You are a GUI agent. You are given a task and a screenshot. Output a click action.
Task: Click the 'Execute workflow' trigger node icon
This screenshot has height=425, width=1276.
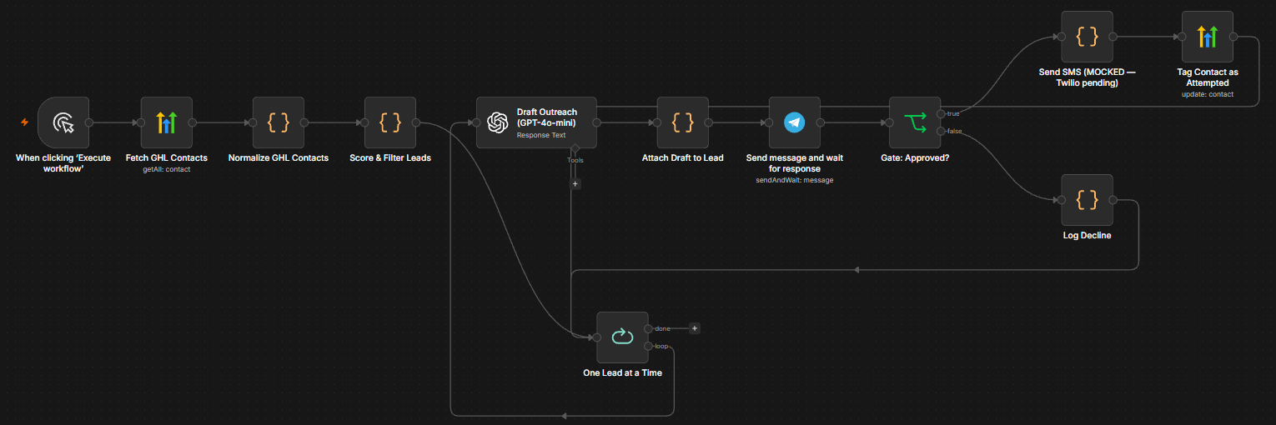63,122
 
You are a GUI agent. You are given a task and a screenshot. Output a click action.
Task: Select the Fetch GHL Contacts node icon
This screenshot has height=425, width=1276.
166,122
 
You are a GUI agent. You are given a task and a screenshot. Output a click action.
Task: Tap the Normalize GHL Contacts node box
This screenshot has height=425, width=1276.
279,122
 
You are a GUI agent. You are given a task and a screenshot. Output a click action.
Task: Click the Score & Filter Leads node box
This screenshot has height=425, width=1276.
390,122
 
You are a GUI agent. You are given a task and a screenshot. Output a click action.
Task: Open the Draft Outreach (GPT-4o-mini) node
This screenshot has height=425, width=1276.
536,122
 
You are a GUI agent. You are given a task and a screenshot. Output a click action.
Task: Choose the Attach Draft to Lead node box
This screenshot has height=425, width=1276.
682,122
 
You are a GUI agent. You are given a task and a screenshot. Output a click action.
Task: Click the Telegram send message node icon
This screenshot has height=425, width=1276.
795,122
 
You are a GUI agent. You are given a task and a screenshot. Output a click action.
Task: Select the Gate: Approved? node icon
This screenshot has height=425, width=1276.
915,122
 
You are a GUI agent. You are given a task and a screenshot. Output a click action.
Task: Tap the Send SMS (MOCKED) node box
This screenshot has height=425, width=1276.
1087,37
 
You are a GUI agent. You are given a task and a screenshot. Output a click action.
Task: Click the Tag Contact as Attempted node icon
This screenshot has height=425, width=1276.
1208,37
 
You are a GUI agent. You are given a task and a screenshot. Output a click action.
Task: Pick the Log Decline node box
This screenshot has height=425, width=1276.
1087,200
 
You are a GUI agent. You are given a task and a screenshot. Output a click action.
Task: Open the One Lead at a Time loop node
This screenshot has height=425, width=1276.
623,337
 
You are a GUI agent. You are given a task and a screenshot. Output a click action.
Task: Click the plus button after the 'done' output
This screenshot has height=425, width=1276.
695,328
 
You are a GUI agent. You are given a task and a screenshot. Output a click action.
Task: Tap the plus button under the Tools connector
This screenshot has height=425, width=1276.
575,184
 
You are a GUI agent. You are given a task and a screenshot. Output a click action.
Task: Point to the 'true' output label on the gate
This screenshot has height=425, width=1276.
953,114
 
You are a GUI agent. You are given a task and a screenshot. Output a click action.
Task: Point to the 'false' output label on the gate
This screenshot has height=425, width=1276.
955,132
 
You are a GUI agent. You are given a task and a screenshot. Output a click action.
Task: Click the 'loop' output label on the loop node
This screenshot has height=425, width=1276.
661,346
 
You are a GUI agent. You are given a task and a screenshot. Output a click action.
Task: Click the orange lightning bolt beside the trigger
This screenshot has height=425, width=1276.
24,122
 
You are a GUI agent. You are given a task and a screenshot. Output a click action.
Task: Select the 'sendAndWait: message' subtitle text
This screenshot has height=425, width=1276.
795,180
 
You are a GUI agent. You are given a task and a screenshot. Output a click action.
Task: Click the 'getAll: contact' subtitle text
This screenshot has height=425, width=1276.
166,169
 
